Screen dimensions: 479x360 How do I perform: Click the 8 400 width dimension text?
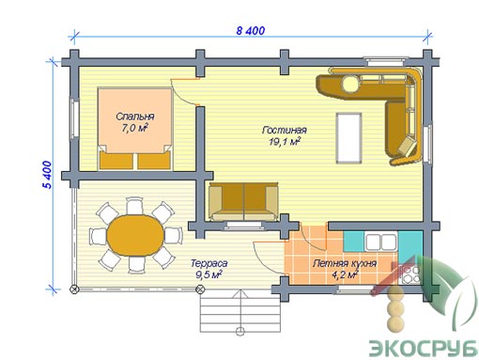pos(251,31)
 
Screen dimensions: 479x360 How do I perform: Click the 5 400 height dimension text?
pos(47,175)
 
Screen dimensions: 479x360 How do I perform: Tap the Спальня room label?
pos(135,117)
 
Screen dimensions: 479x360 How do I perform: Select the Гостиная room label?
pos(285,130)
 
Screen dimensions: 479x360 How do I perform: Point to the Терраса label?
pos(209,263)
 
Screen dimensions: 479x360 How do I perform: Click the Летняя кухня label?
pos(345,263)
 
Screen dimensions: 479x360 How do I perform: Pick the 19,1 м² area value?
pos(285,142)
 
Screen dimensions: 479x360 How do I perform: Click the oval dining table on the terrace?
pos(135,236)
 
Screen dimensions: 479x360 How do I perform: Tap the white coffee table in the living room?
pos(348,138)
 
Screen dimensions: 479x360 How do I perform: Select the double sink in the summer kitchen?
pos(380,243)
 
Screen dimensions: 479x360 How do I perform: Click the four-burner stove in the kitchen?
pos(410,274)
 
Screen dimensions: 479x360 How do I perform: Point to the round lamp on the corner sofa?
pos(350,84)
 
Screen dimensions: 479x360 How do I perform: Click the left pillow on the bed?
pos(116,161)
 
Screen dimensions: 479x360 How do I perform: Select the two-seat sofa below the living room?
pos(243,202)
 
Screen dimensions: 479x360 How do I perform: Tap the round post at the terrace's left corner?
pos(74,290)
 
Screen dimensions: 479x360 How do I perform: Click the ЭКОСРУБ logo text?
pos(424,347)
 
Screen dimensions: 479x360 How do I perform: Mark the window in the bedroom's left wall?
pos(74,118)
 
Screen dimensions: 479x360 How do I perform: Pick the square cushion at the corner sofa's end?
pos(408,147)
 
